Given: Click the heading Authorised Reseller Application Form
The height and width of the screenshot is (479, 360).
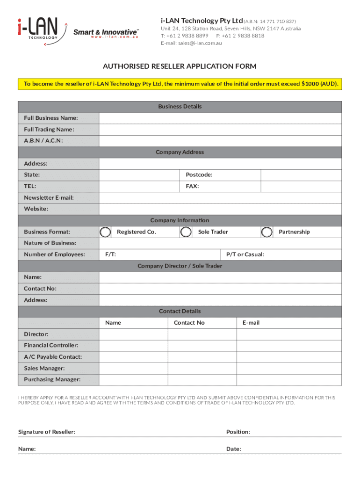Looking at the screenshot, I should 180,66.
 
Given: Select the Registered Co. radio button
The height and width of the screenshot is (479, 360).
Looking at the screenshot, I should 106,232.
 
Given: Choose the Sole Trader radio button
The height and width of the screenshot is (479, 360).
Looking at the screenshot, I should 186,232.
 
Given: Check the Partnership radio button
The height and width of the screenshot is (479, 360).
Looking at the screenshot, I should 267,232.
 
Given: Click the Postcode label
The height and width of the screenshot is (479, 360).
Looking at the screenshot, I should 199,175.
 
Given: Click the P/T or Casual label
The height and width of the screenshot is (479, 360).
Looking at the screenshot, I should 245,254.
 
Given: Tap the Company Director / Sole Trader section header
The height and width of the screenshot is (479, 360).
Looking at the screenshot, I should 180,266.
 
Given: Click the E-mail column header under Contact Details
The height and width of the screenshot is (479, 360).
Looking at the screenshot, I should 251,323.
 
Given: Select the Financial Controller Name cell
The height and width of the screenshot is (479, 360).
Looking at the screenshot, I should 133,346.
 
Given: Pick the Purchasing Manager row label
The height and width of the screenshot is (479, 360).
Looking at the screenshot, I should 52,379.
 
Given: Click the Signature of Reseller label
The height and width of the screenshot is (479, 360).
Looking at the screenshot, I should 46,432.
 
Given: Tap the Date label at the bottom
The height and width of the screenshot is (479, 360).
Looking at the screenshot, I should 233,449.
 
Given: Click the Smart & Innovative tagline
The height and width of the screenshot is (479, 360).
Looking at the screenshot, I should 106,31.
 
